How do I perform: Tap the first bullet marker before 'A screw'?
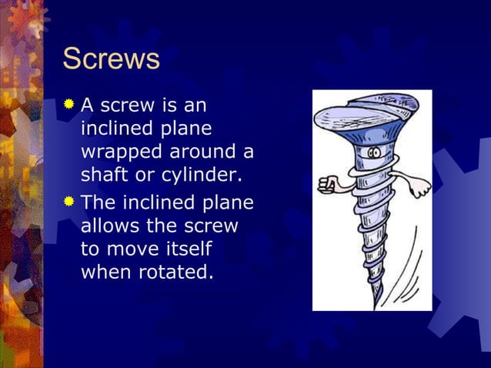tap(70, 102)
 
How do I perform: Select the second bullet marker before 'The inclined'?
tap(70, 202)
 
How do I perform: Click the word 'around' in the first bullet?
tap(200, 152)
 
